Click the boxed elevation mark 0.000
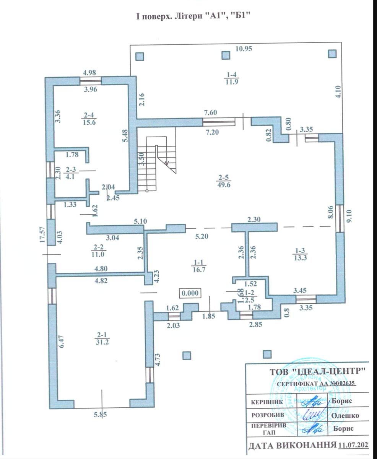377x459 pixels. pos(190,293)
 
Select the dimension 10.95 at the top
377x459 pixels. pos(244,48)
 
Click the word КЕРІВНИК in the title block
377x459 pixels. pos(268,402)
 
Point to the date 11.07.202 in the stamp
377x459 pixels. pos(354,445)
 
